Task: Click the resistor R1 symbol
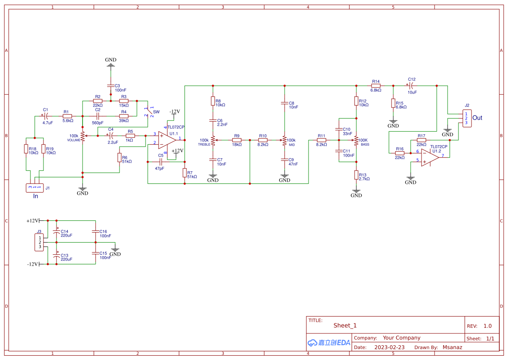click(x=67, y=116)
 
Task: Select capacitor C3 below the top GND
click(x=111, y=86)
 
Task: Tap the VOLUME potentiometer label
click(x=73, y=140)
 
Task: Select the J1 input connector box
click(x=34, y=187)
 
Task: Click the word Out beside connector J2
click(x=477, y=118)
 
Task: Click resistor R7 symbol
click(x=185, y=173)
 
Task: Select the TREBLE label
click(x=204, y=144)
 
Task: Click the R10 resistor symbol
click(x=263, y=140)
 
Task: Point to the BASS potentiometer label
click(x=365, y=144)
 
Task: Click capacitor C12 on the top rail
click(x=411, y=86)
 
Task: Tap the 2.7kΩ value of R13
click(x=364, y=179)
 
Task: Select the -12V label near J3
click(x=33, y=264)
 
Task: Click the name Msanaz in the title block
click(x=452, y=347)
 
